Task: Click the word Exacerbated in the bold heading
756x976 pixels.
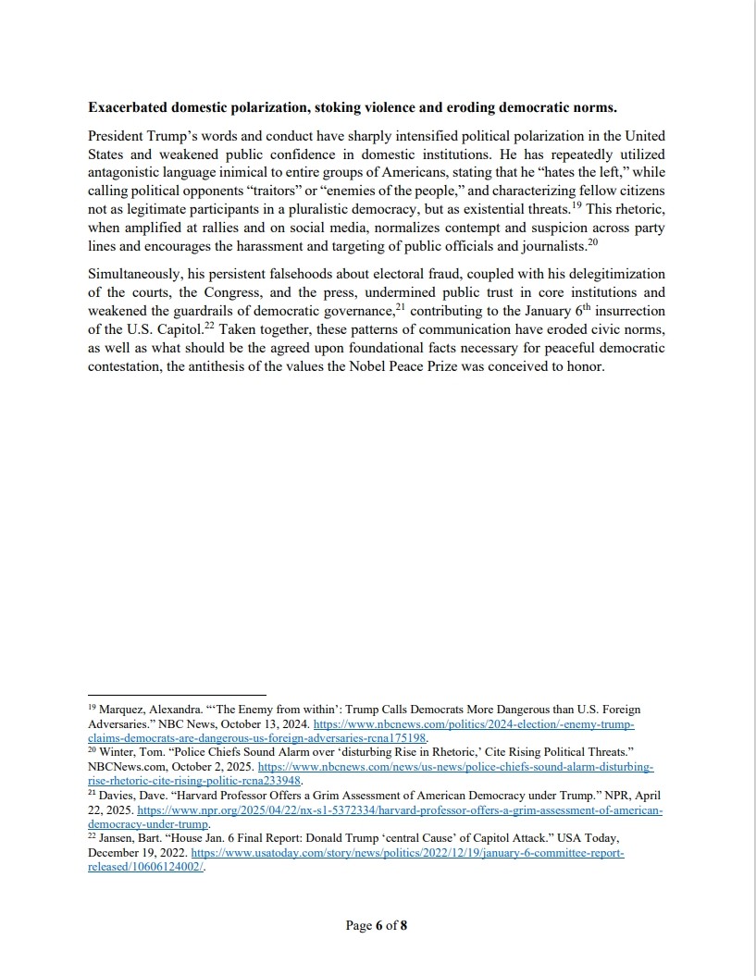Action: [x=133, y=108]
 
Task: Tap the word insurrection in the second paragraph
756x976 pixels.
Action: [x=625, y=312]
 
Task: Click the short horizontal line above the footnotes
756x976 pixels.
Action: [x=177, y=694]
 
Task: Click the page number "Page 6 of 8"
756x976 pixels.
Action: [x=377, y=925]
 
